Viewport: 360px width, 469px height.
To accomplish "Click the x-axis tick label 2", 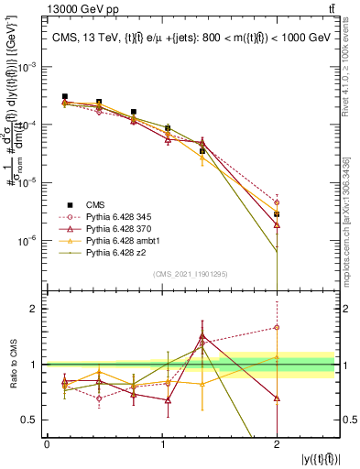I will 277,443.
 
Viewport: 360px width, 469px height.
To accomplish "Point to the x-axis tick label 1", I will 162,443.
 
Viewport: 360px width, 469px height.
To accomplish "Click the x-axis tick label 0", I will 48,443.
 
